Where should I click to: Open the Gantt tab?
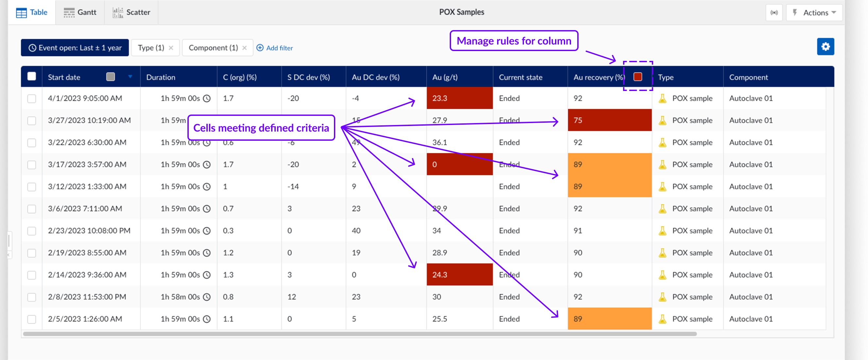pyautogui.click(x=80, y=12)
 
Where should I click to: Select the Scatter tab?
pyautogui.click(x=131, y=12)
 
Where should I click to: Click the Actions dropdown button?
pyautogui.click(x=815, y=12)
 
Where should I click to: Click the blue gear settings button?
pyautogui.click(x=825, y=46)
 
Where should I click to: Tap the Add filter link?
pyautogui.click(x=275, y=48)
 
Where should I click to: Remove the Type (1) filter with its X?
pyautogui.click(x=171, y=48)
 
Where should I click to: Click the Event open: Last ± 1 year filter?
pyautogui.click(x=75, y=48)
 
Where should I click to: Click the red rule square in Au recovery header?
pyautogui.click(x=637, y=77)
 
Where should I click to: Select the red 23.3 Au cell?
pyautogui.click(x=459, y=98)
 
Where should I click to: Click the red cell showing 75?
pyautogui.click(x=609, y=120)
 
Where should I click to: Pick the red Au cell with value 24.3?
pyautogui.click(x=459, y=275)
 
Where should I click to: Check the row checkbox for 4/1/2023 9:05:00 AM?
pyautogui.click(x=32, y=99)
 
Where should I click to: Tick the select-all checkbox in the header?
pyautogui.click(x=32, y=77)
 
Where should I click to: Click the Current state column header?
pyautogui.click(x=520, y=77)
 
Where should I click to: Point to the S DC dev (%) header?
pyautogui.click(x=308, y=77)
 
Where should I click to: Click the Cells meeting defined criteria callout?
pyautogui.click(x=261, y=128)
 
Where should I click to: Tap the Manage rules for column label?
pyautogui.click(x=513, y=41)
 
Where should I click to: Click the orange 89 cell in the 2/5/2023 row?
pyautogui.click(x=609, y=319)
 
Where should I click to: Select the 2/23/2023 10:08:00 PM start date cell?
pyautogui.click(x=89, y=230)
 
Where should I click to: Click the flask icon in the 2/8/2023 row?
pyautogui.click(x=663, y=297)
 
